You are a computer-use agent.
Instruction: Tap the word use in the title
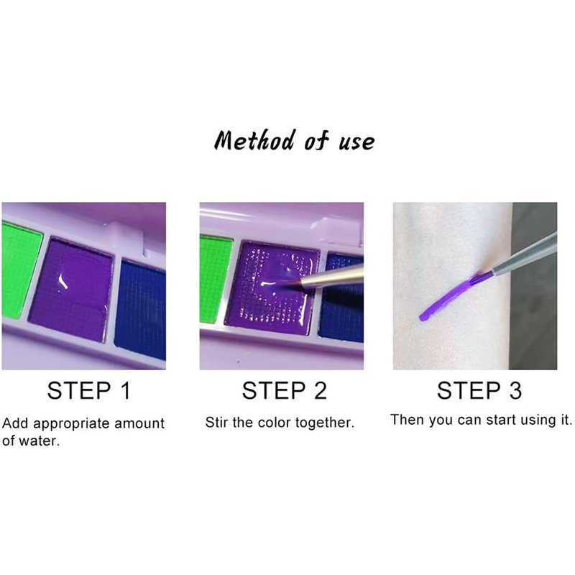pos(356,142)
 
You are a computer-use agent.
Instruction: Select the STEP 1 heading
pos(88,390)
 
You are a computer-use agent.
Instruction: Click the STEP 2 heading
pos(284,390)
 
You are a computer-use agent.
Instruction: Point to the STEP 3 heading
pos(479,390)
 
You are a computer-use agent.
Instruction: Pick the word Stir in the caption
pos(217,423)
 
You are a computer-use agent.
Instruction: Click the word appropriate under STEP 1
pos(71,424)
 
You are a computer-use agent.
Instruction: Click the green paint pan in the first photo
pos(21,269)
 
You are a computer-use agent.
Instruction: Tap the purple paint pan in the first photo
pos(70,289)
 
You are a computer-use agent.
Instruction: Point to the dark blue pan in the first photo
pos(141,309)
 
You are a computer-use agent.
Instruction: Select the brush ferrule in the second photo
pos(331,277)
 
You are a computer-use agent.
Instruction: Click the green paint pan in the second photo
pos(216,280)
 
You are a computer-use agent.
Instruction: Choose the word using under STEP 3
pos(538,420)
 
